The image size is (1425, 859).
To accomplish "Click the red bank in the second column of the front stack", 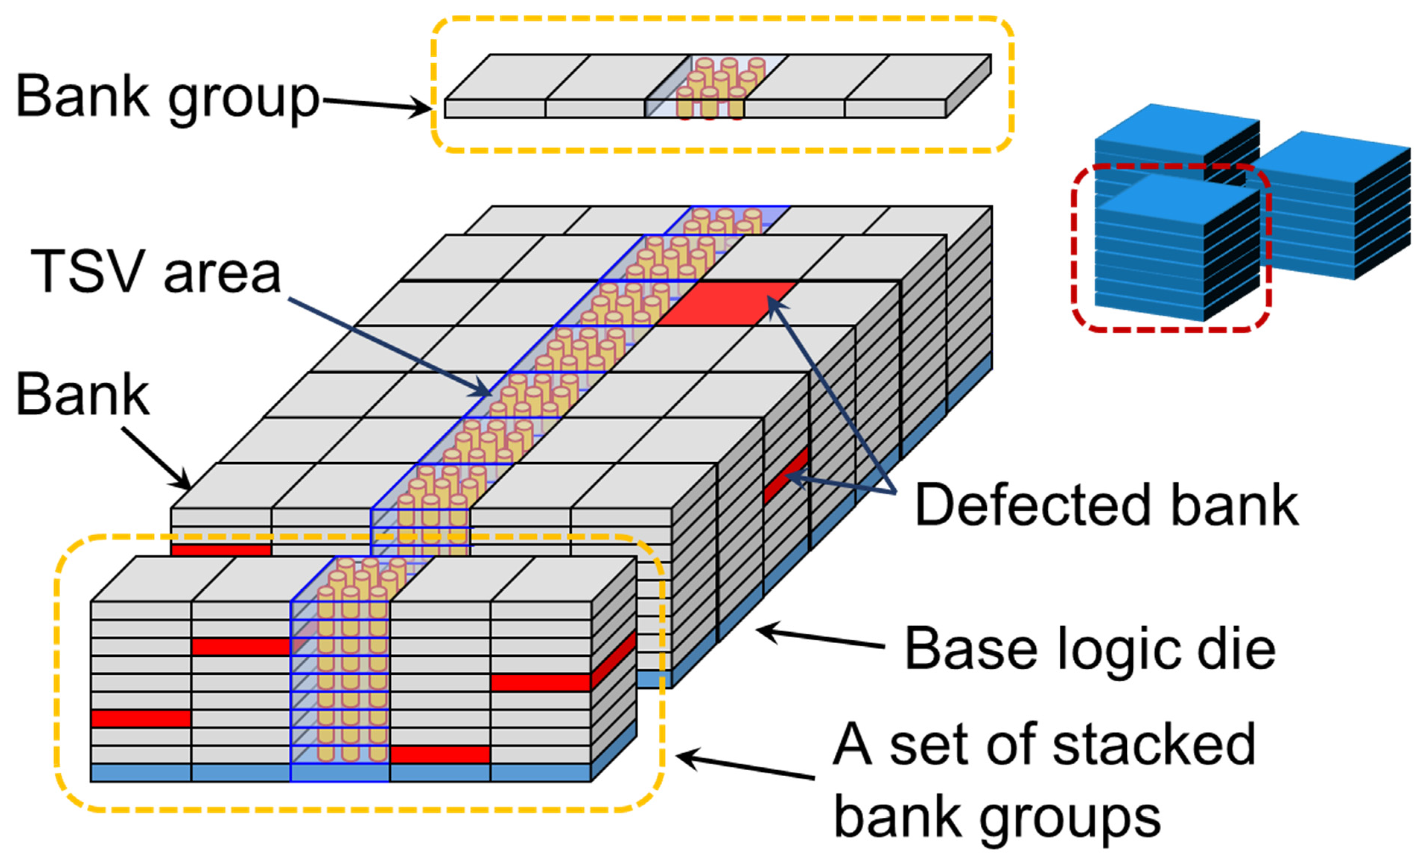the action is [x=241, y=647].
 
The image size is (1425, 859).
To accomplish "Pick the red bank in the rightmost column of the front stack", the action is [x=540, y=682].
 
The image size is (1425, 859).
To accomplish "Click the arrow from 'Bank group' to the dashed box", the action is [x=376, y=105].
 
